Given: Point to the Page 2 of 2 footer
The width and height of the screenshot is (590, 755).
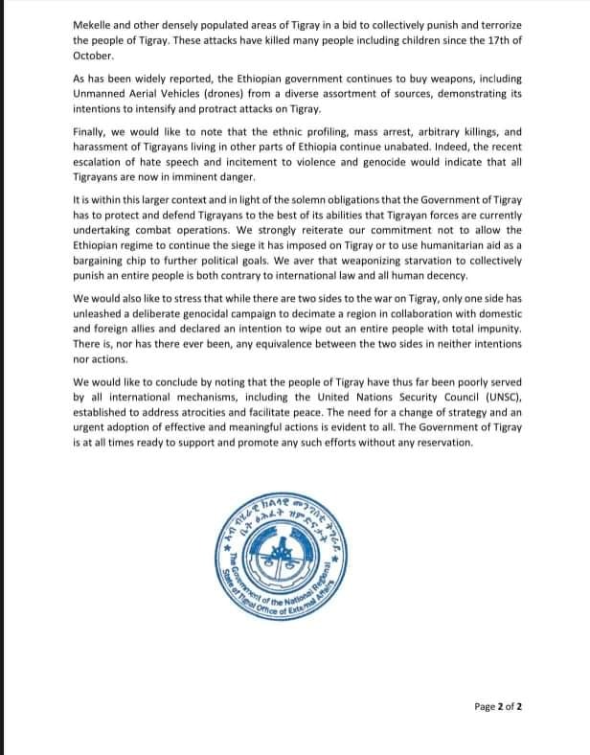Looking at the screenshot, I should tap(498, 707).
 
